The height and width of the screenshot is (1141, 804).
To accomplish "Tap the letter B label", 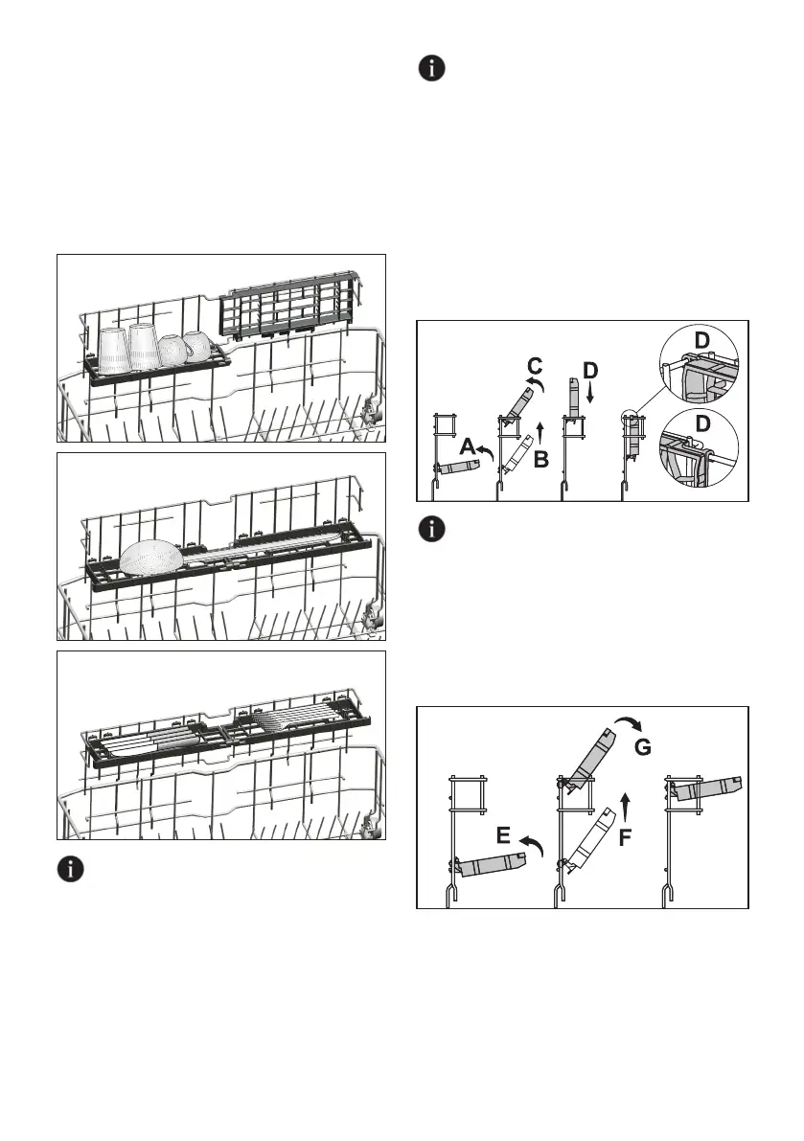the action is coord(541,461).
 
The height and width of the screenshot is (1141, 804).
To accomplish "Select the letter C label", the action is coord(537,364).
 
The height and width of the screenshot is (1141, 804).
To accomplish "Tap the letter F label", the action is coord(625,837).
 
